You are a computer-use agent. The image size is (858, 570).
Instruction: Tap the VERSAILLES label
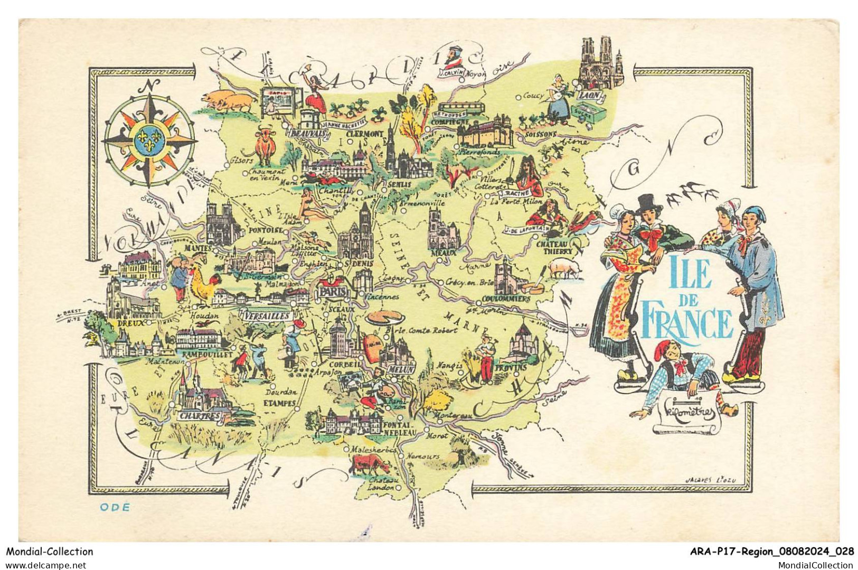tap(268, 315)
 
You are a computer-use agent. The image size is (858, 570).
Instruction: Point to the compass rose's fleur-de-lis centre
tap(149, 139)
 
